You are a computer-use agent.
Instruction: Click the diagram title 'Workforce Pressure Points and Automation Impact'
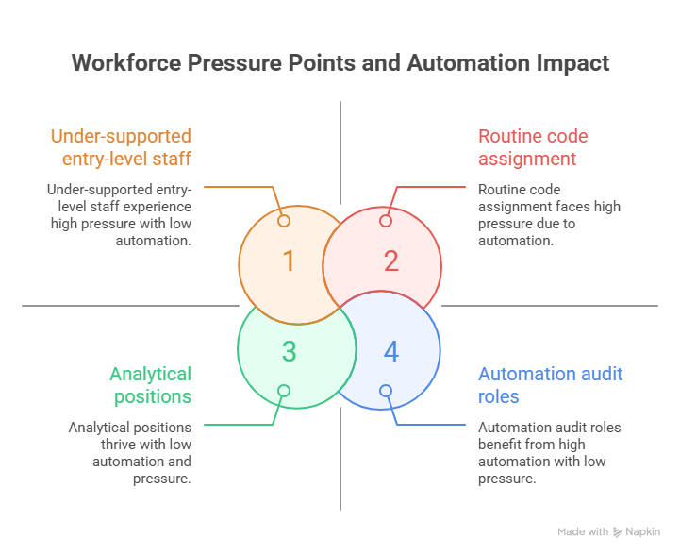[340, 63]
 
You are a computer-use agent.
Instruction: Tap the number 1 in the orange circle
[290, 261]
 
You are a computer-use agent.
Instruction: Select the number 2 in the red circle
[391, 261]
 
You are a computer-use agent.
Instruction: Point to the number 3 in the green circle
[290, 351]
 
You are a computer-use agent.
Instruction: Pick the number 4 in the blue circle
[391, 351]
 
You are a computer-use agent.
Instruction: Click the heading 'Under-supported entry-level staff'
[121, 147]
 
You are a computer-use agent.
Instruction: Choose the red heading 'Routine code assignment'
[533, 147]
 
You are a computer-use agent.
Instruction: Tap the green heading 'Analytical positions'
[150, 385]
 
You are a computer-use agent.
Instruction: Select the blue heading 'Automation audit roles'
[550, 385]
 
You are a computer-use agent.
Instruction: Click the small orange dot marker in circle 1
[284, 221]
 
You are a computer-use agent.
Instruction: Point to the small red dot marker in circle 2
[386, 221]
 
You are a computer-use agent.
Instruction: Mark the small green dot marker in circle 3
[284, 391]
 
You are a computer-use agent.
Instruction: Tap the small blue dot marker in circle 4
[386, 391]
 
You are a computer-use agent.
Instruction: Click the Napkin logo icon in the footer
[618, 532]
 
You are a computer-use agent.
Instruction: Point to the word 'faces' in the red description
[564, 207]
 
